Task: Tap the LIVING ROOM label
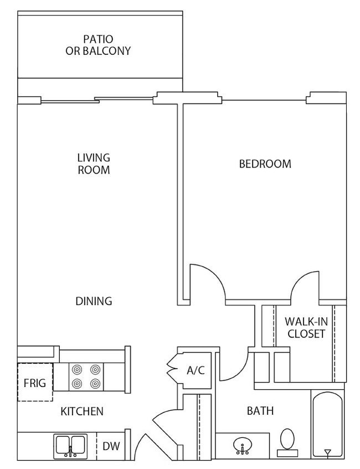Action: coord(94,164)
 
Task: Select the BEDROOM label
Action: coord(265,164)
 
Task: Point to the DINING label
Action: coord(94,301)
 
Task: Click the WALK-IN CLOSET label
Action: coord(304,328)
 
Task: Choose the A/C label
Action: coord(196,370)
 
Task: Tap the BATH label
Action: coord(260,411)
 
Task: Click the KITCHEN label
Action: coord(82,411)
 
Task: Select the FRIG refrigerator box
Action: coord(35,383)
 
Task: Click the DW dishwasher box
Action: coord(111,446)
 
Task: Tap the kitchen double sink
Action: coord(70,446)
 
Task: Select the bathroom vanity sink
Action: coord(241,445)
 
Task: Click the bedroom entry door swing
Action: coord(207,283)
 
